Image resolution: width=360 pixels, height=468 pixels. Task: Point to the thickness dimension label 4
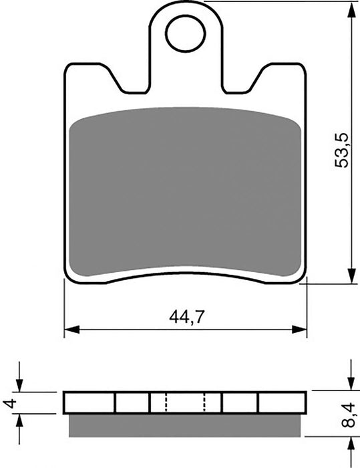[x=8, y=403]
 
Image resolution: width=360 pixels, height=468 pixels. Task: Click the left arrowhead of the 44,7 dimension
[x=69, y=329]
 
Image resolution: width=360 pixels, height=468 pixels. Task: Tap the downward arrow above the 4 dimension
[x=20, y=386]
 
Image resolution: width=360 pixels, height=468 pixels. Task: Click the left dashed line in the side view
[x=165, y=402]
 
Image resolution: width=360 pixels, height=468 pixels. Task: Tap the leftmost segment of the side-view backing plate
[x=89, y=402]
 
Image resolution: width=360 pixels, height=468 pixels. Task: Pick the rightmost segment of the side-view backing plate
[x=282, y=402]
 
